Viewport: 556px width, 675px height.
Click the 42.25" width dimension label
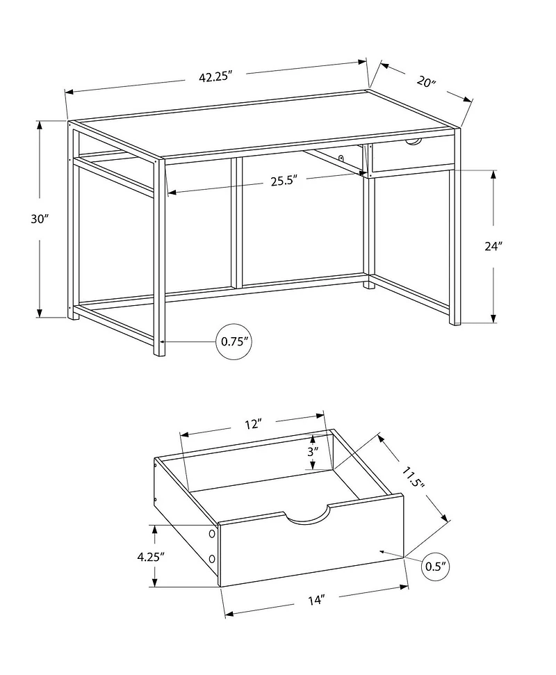[x=215, y=77]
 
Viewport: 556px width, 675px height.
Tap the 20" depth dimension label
[x=426, y=81]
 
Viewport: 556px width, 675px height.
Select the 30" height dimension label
[x=39, y=218]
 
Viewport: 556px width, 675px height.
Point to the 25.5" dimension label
[x=284, y=181]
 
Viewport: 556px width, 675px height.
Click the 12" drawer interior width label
[x=252, y=424]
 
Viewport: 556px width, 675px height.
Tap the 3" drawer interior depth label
[x=313, y=450]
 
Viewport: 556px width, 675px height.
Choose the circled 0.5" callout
[x=434, y=567]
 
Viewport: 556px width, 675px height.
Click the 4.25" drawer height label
[x=151, y=556]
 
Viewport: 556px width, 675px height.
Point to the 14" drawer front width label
[x=316, y=599]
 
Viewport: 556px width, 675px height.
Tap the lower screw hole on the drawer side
[x=213, y=558]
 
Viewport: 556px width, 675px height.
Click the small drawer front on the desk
[x=412, y=156]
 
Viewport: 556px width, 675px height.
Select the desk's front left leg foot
[x=159, y=350]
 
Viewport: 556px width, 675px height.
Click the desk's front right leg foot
[x=455, y=320]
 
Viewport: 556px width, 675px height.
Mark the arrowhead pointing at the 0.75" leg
[x=164, y=341]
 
